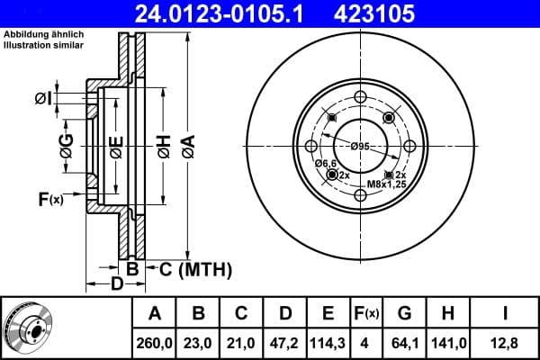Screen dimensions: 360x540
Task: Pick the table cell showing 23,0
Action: click(199, 341)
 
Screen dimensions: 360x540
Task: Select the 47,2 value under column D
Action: click(284, 341)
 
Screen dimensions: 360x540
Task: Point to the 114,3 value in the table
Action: click(328, 341)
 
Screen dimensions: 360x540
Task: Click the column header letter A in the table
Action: click(155, 313)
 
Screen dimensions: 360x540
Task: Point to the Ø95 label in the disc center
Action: click(360, 147)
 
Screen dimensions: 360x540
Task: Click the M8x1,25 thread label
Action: click(385, 184)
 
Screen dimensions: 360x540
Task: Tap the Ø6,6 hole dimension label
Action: click(325, 163)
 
